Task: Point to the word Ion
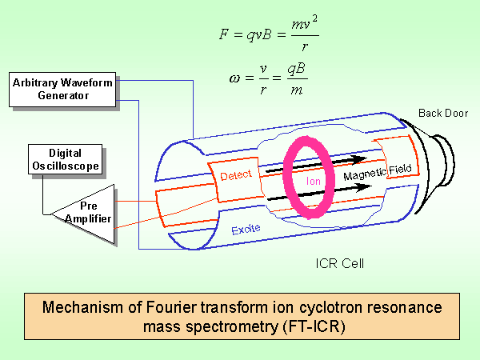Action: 313,181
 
